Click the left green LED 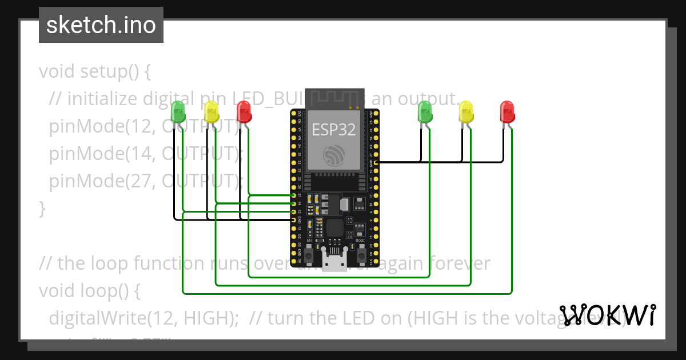pyautogui.click(x=178, y=112)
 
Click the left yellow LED pyautogui.click(x=212, y=112)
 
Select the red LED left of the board pyautogui.click(x=244, y=112)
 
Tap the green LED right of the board pyautogui.click(x=425, y=112)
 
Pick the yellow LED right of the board pyautogui.click(x=466, y=112)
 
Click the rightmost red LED pyautogui.click(x=507, y=112)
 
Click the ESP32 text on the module pyautogui.click(x=334, y=130)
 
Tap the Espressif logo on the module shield pyautogui.click(x=334, y=155)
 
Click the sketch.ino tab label pyautogui.click(x=101, y=25)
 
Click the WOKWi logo pyautogui.click(x=608, y=315)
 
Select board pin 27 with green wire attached pyautogui.click(x=293, y=195)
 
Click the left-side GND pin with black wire pyautogui.click(x=293, y=220)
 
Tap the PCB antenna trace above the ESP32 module pyautogui.click(x=334, y=98)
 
